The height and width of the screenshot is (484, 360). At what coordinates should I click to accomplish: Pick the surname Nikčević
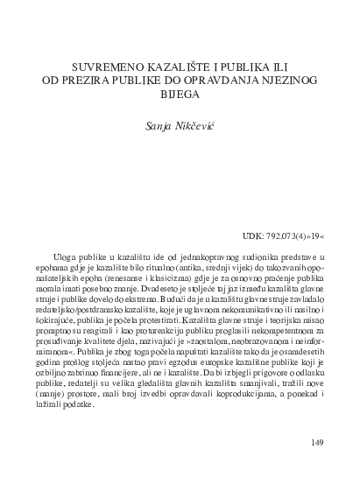pos(193,127)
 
